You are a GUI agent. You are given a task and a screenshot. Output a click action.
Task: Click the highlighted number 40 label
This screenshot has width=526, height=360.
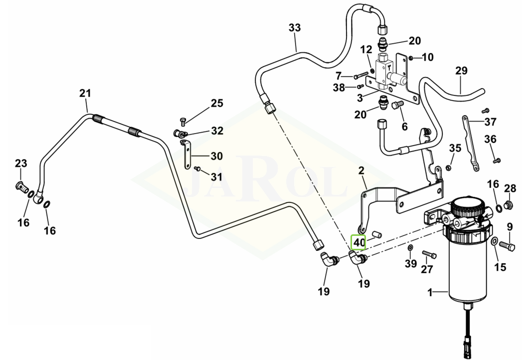(359, 243)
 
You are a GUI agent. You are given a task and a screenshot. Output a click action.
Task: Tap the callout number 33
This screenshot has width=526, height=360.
(295, 28)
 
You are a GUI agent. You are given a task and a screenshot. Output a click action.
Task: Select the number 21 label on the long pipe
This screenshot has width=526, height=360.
(85, 93)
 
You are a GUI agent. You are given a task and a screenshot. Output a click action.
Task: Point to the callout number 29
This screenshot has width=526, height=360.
(461, 71)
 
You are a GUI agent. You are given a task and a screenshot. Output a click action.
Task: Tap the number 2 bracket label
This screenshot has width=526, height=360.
(361, 172)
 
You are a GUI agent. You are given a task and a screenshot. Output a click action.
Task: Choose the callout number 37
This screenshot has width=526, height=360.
(491, 122)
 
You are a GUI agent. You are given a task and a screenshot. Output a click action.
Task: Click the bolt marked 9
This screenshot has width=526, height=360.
(506, 245)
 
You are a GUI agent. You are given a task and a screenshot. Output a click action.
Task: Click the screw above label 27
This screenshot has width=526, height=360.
(429, 254)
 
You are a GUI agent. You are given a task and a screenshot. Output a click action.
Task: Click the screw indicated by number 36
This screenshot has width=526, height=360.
(497, 161)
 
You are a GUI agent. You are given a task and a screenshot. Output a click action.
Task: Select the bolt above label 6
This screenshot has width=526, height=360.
(397, 106)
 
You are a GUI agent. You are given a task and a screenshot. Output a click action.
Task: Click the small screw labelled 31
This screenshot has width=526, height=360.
(197, 169)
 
